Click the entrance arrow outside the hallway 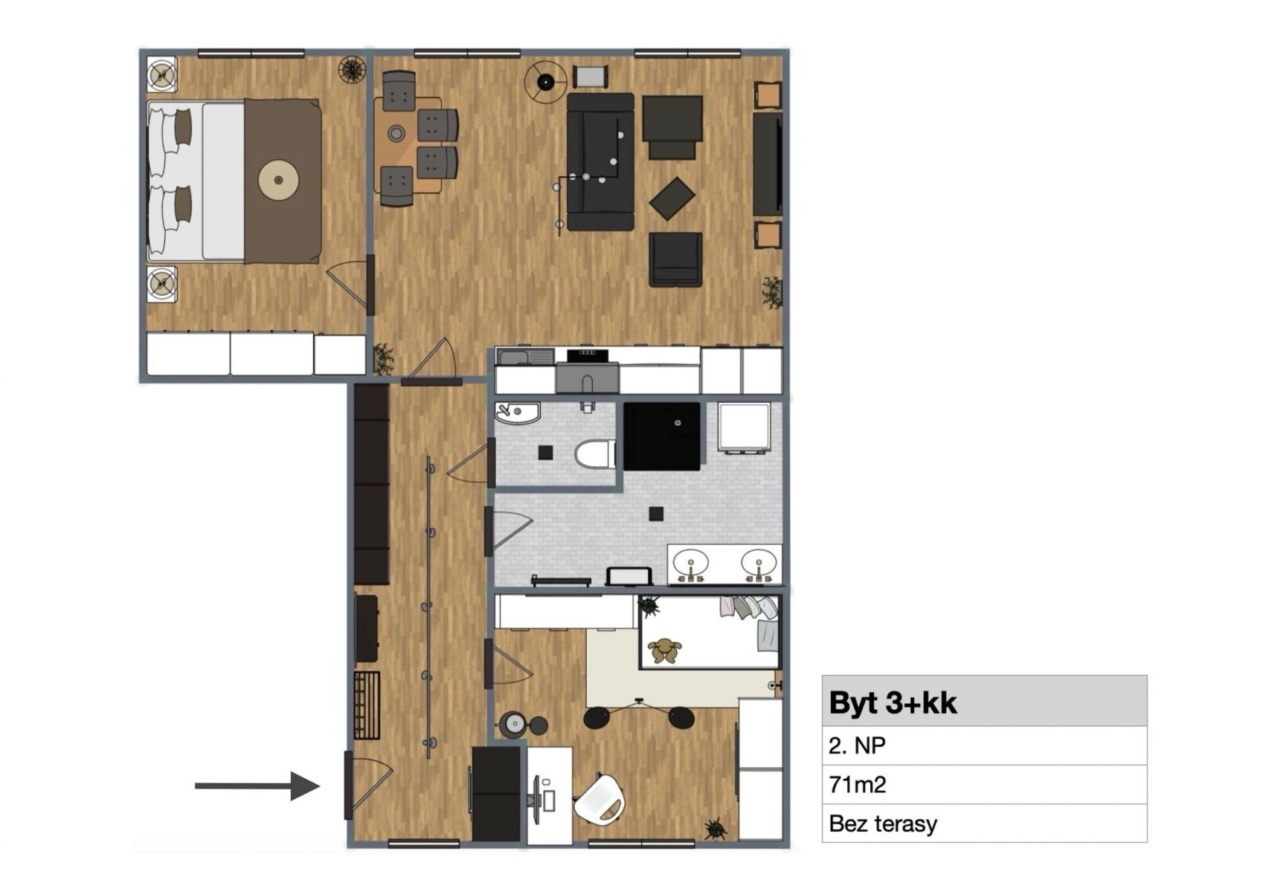coord(257,786)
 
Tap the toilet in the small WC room coord(595,455)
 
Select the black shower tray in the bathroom coord(662,436)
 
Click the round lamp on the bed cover coord(278,181)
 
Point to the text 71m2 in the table coord(858,784)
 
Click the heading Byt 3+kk coord(893,702)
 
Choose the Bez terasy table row coord(985,824)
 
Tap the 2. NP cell coord(985,746)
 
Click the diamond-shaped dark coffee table coord(672,198)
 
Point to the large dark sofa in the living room coord(601,162)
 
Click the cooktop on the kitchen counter coord(588,355)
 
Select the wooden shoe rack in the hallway coord(367,705)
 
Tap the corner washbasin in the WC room coord(517,413)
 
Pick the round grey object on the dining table coord(396,134)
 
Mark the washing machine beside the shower coord(745,427)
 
